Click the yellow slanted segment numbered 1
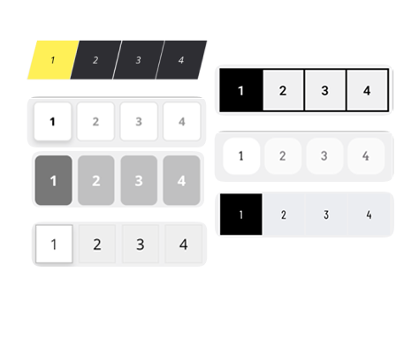pos(53,60)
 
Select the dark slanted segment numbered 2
pos(95,60)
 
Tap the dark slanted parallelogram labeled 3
pos(139,60)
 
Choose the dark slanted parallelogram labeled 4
pos(181,60)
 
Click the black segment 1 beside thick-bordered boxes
pos(241,90)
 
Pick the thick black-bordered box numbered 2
pos(283,90)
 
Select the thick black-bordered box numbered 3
pos(325,90)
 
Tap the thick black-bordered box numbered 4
pos(367,90)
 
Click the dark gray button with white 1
pos(53,180)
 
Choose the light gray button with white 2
pos(96,180)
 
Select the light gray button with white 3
pos(139,180)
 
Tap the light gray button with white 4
pos(181,180)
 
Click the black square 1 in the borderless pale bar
pos(241,215)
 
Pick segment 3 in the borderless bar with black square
pos(326,215)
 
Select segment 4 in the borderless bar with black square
pos(369,215)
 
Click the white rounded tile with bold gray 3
pos(139,121)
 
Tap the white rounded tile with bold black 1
pos(53,121)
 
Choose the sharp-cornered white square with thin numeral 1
pos(54,244)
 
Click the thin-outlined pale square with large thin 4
pos(184,244)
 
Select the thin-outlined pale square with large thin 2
pos(97,244)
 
